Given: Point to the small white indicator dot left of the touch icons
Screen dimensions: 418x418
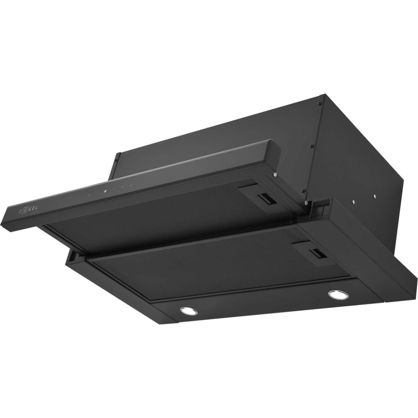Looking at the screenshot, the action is tap(89, 195).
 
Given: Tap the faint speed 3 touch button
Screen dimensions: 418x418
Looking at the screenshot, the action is tap(131, 184).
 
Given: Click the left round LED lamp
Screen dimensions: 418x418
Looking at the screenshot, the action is tap(189, 311).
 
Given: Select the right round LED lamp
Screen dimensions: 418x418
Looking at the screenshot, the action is tap(339, 294).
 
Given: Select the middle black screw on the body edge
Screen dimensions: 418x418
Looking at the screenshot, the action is tap(311, 145).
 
